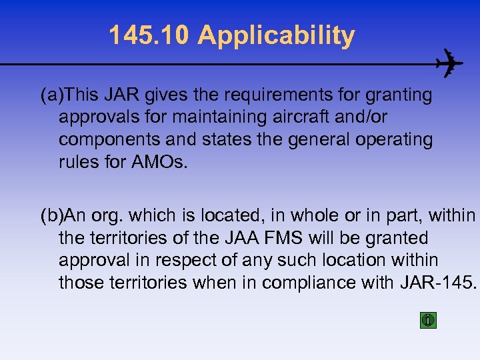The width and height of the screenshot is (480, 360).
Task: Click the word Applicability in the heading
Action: (x=276, y=36)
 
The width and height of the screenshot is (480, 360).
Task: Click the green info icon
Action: (x=428, y=320)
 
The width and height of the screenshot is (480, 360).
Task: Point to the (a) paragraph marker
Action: (x=53, y=95)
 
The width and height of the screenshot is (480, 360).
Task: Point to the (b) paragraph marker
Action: (x=53, y=215)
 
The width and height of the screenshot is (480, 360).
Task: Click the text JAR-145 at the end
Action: (x=437, y=283)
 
